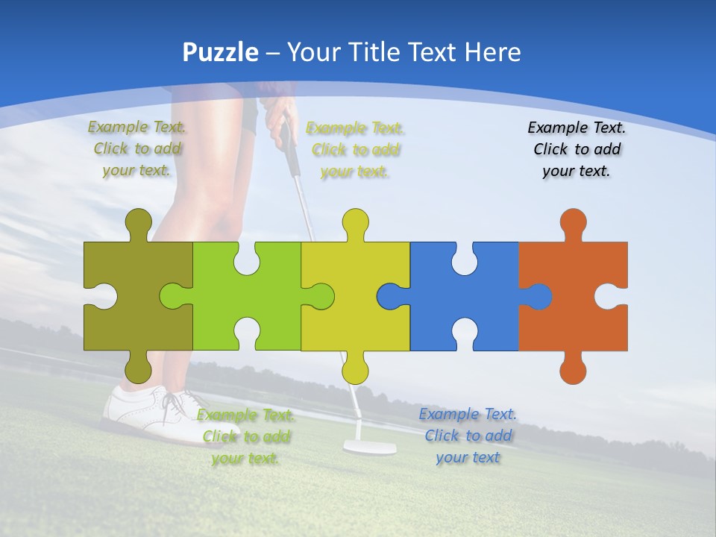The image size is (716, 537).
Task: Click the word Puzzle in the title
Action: click(x=221, y=52)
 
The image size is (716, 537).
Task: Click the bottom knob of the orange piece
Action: click(x=573, y=368)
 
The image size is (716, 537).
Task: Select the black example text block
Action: click(x=577, y=149)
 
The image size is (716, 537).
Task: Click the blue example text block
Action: click(x=468, y=436)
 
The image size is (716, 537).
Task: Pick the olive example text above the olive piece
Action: click(x=137, y=148)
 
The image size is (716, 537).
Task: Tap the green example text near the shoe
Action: click(x=246, y=436)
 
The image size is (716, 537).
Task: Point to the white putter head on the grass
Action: click(x=369, y=447)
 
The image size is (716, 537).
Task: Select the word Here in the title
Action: click(x=492, y=52)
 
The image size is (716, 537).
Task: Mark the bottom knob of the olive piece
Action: click(x=138, y=368)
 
